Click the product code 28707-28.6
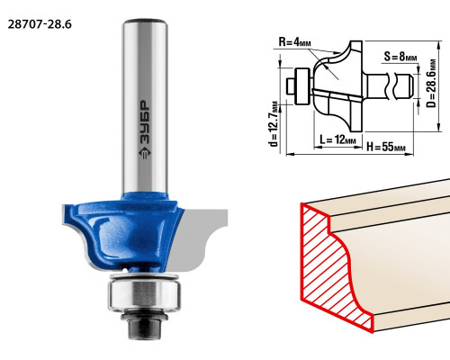[x=40, y=24]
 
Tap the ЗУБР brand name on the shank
[x=145, y=122]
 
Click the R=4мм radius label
[x=295, y=42]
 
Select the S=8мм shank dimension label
[x=400, y=56]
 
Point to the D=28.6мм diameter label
[x=431, y=83]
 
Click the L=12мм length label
[x=337, y=139]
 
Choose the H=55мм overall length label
[x=386, y=147]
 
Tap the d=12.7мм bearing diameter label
[x=274, y=123]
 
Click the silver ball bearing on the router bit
[x=144, y=293]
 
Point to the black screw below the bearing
[x=144, y=325]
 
